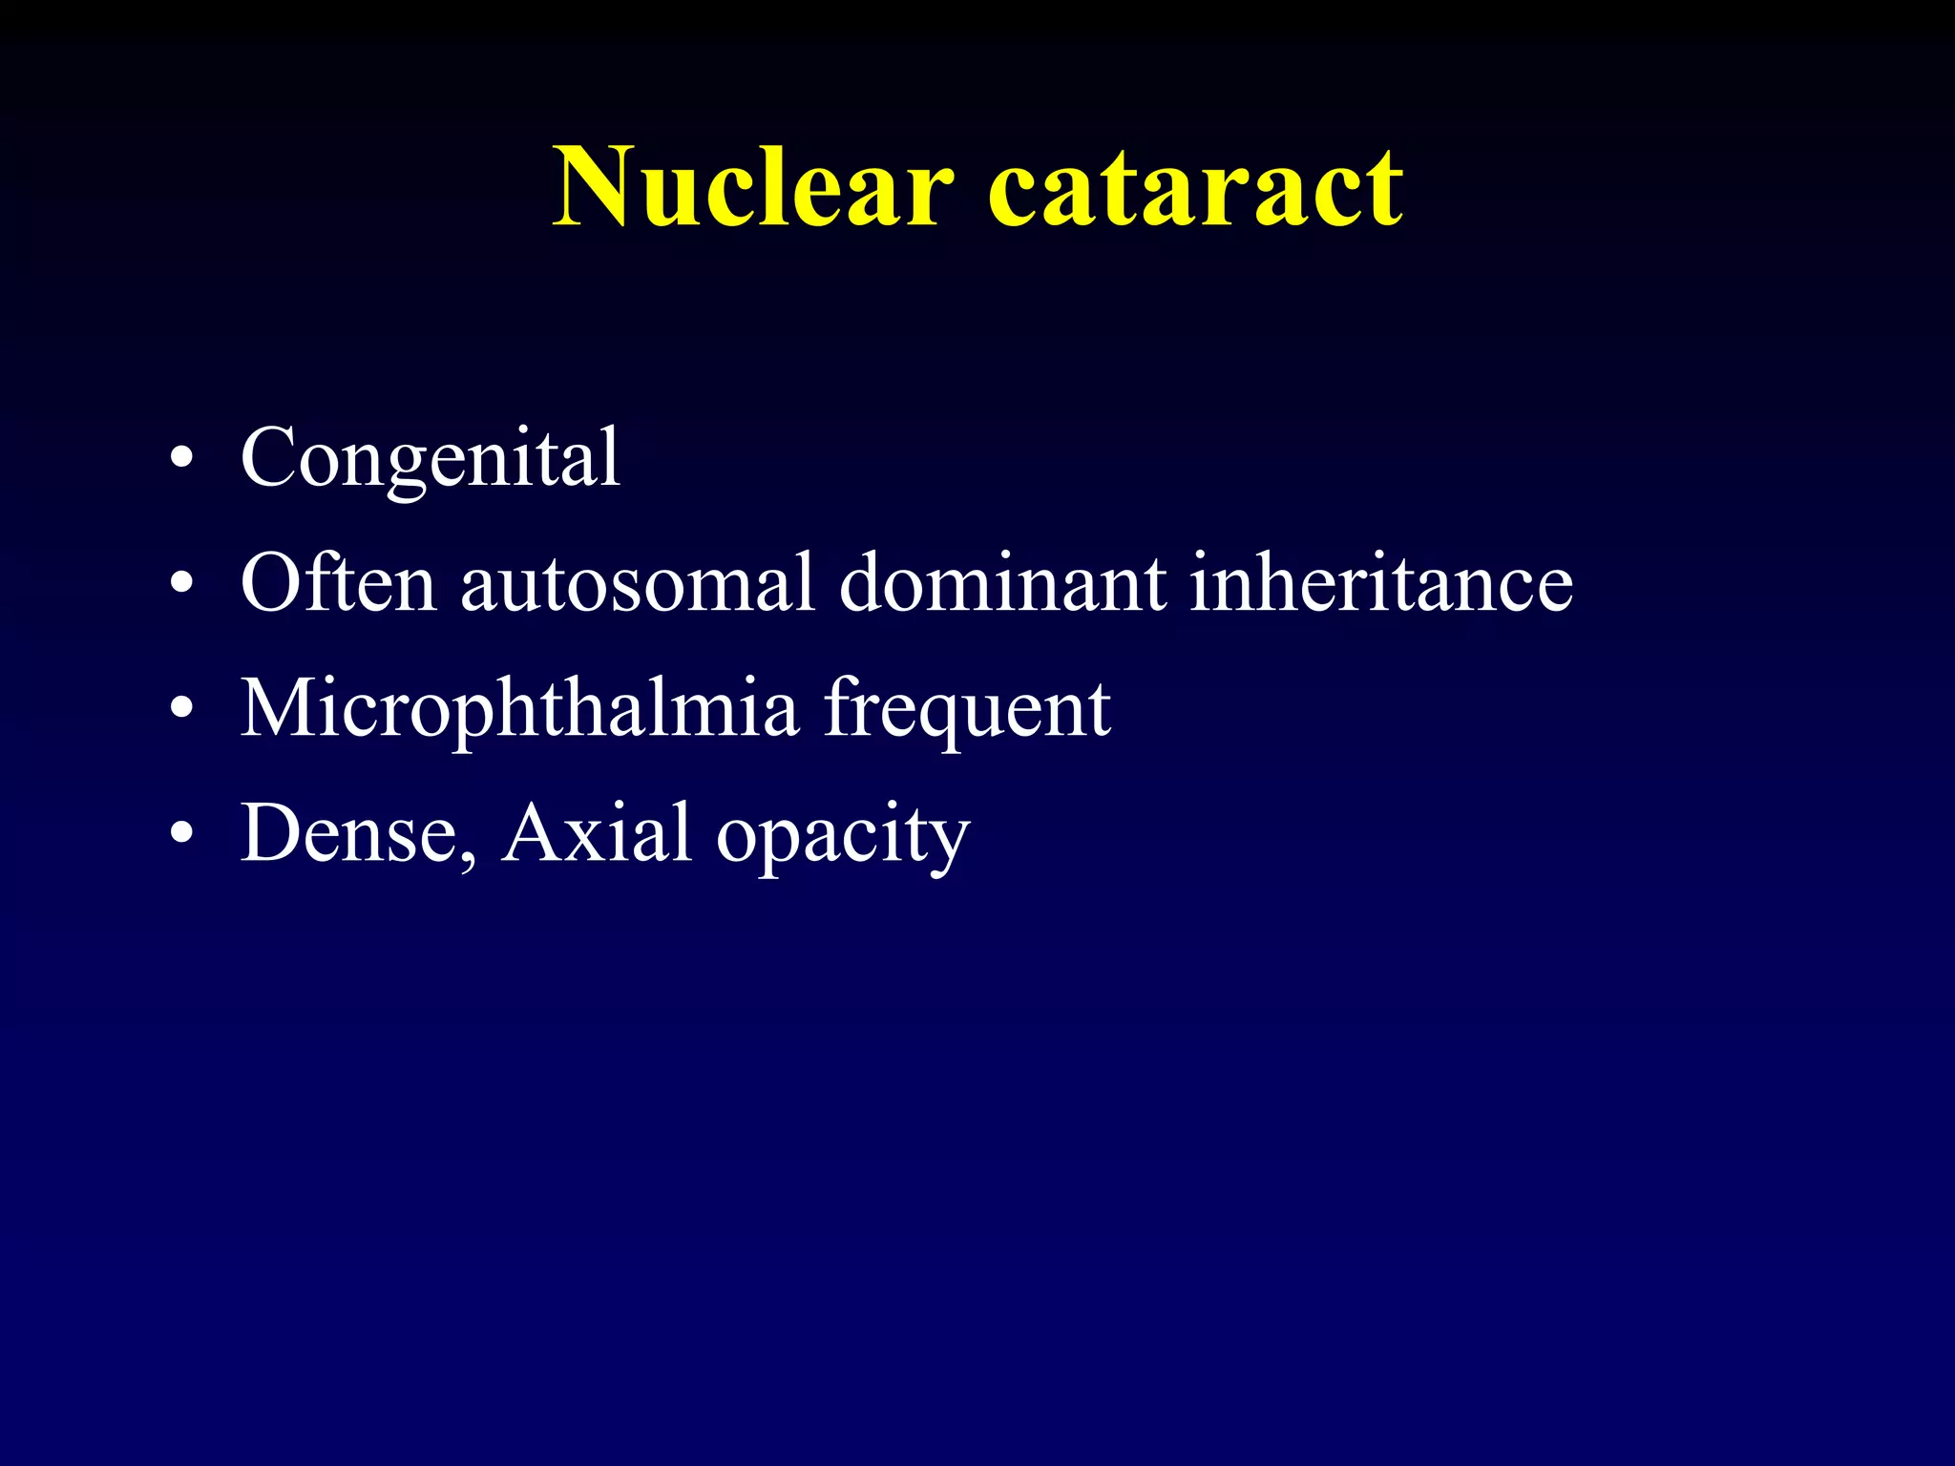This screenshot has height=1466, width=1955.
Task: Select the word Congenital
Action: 431,458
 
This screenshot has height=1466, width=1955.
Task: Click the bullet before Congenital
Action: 181,460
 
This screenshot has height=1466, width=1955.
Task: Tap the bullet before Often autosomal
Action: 181,584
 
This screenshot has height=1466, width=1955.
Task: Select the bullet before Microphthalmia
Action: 181,710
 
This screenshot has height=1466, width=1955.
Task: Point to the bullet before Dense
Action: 181,834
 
